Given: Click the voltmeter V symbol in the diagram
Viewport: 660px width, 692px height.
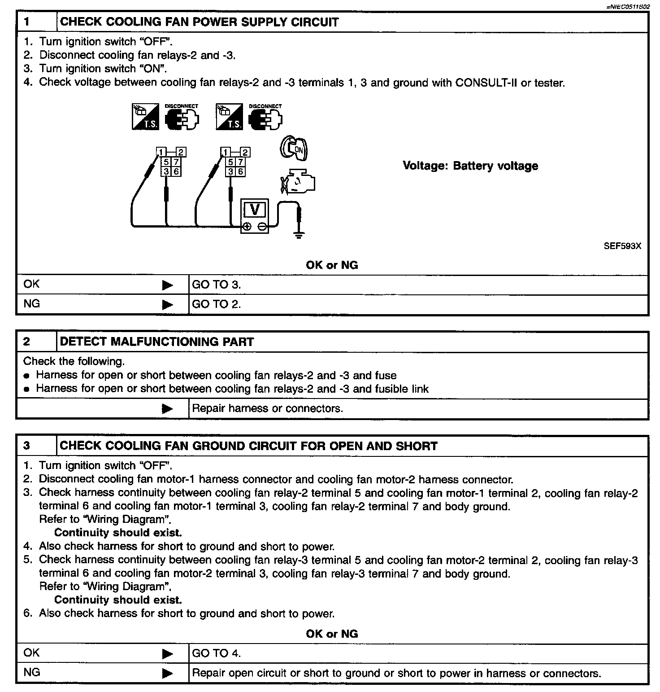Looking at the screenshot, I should coord(255,210).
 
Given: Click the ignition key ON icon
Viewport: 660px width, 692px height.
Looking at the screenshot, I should coord(294,149).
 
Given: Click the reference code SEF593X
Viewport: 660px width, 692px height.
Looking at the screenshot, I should coord(622,246).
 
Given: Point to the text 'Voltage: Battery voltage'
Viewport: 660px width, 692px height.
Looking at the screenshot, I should coord(470,166).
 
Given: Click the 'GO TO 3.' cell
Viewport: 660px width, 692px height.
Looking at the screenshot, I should coord(217,285).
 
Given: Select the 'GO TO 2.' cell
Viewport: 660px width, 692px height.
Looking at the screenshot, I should coord(217,304).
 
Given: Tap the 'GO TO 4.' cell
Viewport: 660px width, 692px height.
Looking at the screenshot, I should coord(217,653).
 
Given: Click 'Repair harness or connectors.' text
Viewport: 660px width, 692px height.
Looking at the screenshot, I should coord(267,408).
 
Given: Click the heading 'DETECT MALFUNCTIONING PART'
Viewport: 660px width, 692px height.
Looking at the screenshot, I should coord(157,342).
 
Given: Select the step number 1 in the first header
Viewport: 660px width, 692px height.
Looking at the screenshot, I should coord(27,22).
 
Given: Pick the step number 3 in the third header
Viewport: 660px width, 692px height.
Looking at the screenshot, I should coord(27,446).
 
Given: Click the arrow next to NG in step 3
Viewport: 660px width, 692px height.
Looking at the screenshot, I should coord(167,673).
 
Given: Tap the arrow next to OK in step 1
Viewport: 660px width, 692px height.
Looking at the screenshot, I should coord(167,285).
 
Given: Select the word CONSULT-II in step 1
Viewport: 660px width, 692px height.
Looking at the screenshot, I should coord(484,83).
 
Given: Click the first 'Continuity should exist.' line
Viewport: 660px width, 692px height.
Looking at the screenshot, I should coord(118,533).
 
